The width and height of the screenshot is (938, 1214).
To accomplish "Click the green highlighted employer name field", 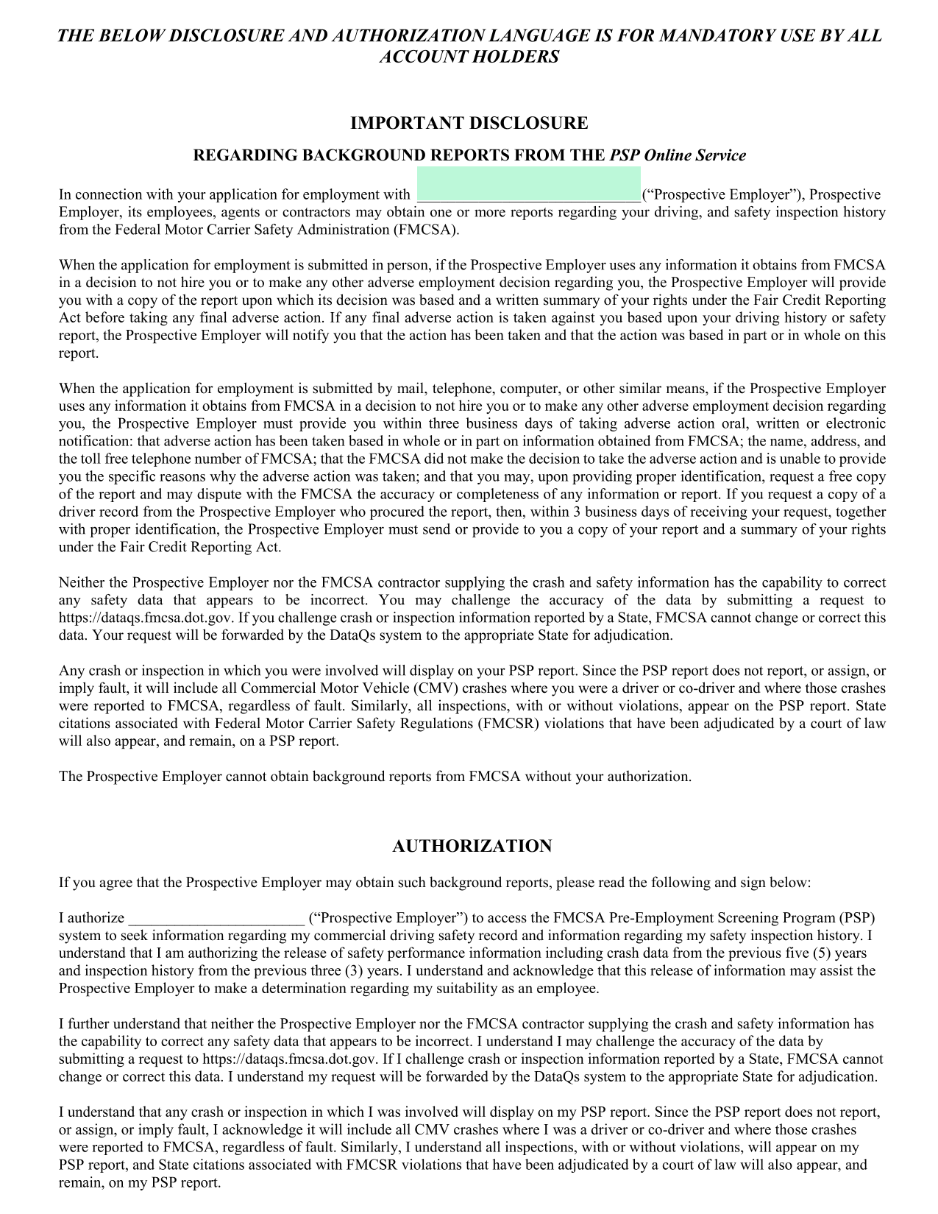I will pyautogui.click(x=528, y=185).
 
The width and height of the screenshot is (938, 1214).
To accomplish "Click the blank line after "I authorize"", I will pyautogui.click(x=216, y=918).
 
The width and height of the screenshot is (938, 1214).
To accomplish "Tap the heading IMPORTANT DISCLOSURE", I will pyautogui.click(x=469, y=123).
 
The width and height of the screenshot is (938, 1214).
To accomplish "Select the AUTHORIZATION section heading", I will pyautogui.click(x=472, y=846).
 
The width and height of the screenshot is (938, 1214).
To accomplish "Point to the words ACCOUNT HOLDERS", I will pyautogui.click(x=469, y=57).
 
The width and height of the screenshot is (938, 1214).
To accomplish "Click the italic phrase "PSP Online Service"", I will pyautogui.click(x=678, y=155).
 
